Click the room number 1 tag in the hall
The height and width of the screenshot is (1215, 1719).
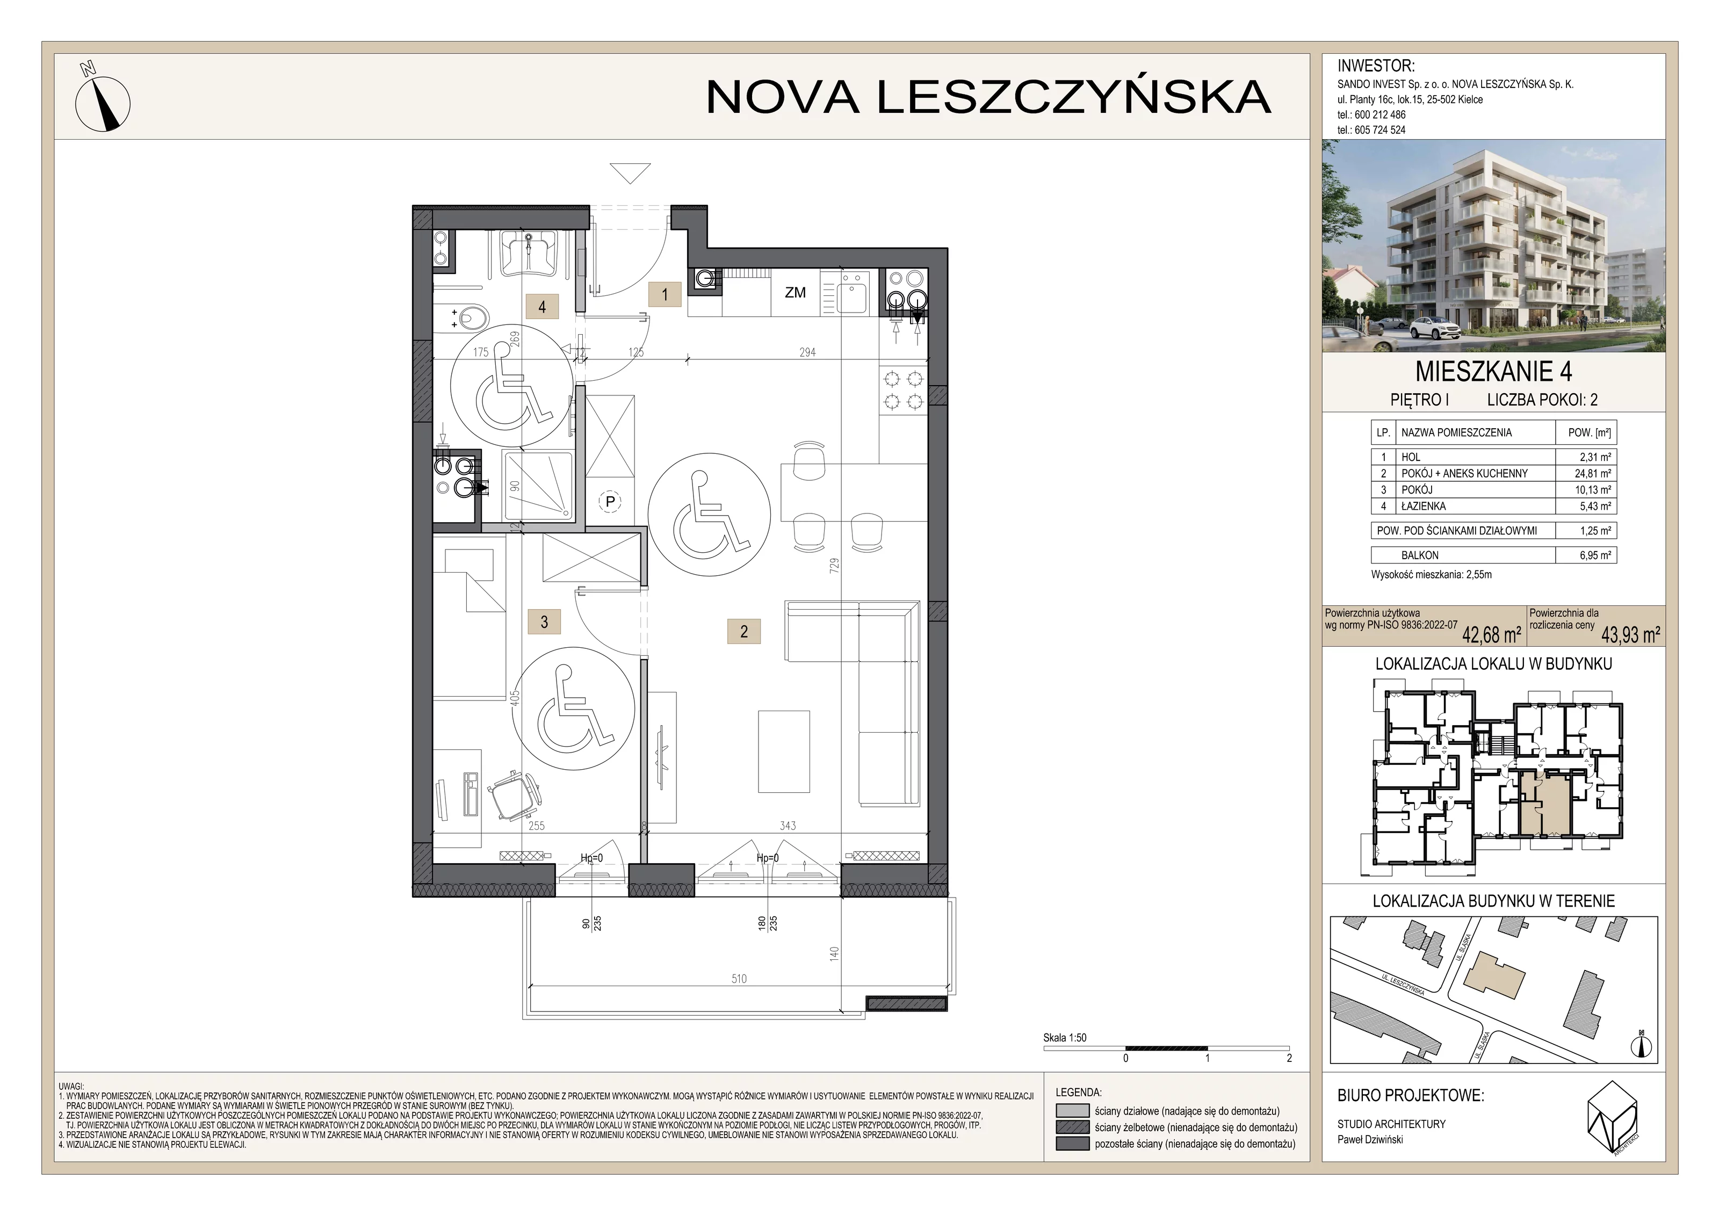point(665,294)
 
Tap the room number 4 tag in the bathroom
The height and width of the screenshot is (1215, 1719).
point(542,306)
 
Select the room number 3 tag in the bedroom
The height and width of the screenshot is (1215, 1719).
point(544,621)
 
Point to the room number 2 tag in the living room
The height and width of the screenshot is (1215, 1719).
point(743,631)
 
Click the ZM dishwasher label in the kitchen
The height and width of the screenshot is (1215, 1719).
point(795,293)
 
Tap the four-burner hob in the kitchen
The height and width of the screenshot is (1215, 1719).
point(903,390)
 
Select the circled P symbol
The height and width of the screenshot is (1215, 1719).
point(610,502)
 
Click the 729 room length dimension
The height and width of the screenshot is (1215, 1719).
point(834,565)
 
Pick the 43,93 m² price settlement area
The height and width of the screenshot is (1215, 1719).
point(1631,635)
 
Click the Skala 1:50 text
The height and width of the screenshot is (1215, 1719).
point(1065,1038)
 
